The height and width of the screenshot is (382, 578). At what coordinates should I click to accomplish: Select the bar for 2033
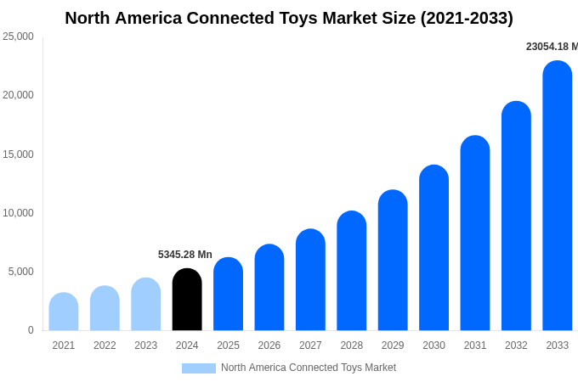click(558, 196)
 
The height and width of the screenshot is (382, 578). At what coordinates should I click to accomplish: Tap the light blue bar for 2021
click(64, 312)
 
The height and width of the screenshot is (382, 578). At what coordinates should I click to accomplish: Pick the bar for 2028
click(352, 271)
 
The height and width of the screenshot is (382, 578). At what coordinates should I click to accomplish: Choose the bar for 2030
click(433, 248)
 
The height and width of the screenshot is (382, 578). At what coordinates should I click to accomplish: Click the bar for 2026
click(269, 288)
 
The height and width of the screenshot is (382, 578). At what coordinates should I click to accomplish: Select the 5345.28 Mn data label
click(185, 255)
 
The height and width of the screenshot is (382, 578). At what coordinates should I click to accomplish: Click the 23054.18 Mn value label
click(552, 47)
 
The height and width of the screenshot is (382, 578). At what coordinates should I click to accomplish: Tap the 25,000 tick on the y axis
click(18, 37)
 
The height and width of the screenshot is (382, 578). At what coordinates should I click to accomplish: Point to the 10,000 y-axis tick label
click(18, 213)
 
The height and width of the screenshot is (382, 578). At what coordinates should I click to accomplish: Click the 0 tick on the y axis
click(31, 330)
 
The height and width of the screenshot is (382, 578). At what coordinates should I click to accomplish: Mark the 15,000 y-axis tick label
click(18, 154)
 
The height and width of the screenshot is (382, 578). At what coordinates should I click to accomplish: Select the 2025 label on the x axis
click(228, 345)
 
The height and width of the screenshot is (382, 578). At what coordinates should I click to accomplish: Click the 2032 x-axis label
click(516, 345)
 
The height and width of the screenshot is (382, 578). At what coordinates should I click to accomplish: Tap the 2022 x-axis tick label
click(105, 345)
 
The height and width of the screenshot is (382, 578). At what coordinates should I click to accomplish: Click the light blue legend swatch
click(198, 368)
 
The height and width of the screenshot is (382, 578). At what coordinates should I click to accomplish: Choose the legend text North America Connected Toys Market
click(309, 368)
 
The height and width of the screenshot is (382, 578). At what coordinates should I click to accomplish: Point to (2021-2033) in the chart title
click(467, 18)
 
